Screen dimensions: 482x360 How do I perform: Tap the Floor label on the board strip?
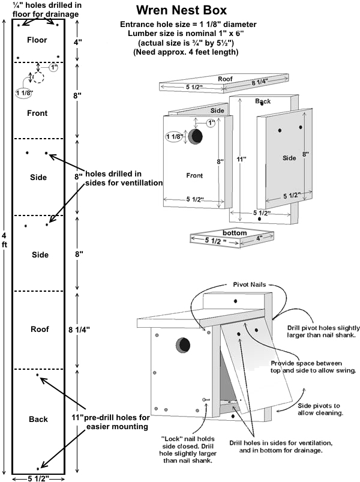(x=37, y=40)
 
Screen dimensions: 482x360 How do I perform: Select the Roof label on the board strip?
(x=39, y=330)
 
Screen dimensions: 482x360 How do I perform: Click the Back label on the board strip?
(x=38, y=419)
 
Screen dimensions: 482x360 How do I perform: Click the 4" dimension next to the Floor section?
(x=78, y=43)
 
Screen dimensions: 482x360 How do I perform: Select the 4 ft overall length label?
(x=5, y=241)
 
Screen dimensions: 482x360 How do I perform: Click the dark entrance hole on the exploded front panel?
(x=196, y=137)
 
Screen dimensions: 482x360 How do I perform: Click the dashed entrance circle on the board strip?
(x=38, y=78)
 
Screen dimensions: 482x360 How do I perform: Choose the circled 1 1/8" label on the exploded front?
(x=174, y=137)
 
